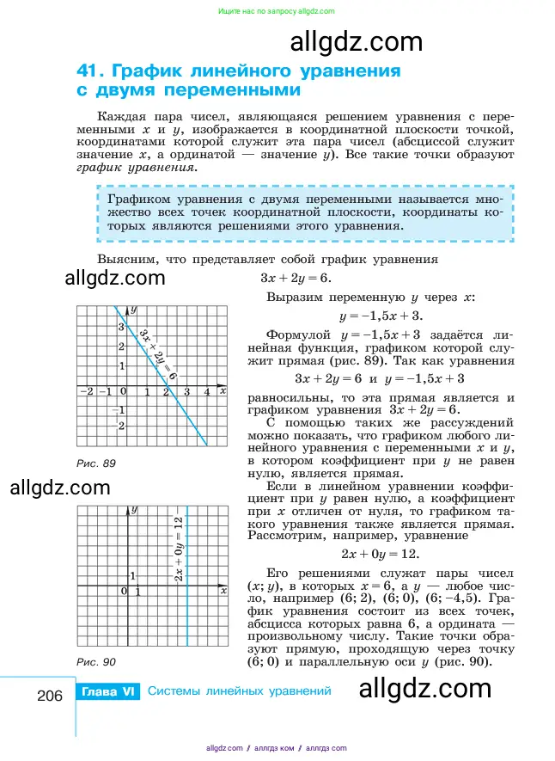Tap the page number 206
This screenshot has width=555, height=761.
pos(51,695)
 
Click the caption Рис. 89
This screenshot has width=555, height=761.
pos(95,463)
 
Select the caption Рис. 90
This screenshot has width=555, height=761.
pos(95,662)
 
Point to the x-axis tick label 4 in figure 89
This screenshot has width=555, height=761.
pos(207,392)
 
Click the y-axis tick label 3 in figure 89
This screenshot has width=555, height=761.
pos(121,328)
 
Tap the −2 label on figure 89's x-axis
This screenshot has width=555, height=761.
pos(85,392)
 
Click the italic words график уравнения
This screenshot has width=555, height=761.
pos(136,168)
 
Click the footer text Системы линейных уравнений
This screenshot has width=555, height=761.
pos(239,691)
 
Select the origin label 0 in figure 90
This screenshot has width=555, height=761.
pos(124,592)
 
